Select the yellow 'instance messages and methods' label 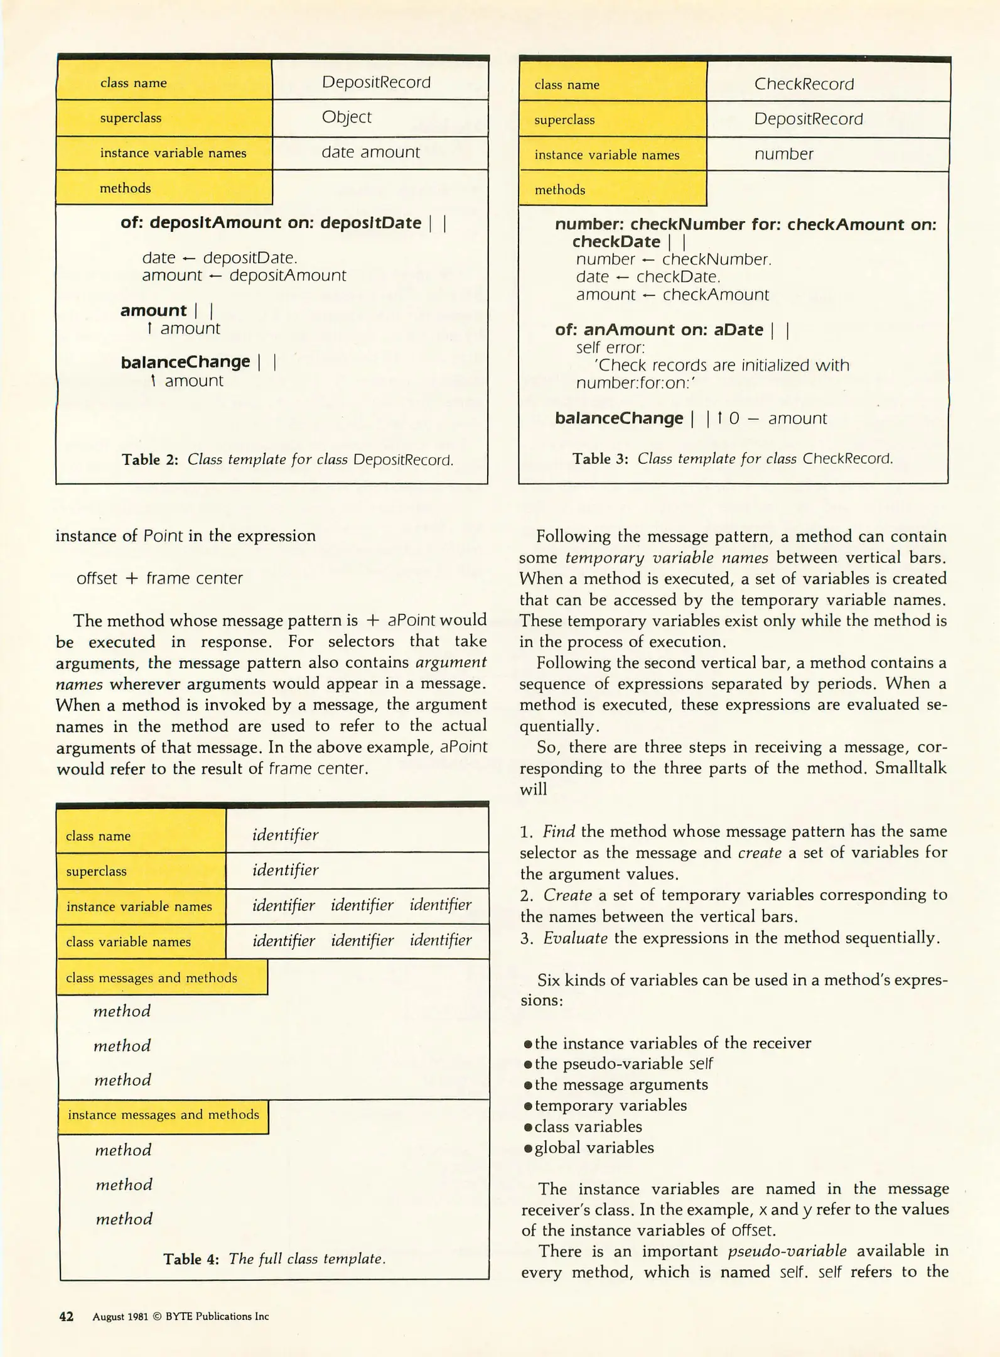(163, 1114)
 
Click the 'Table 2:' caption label (150, 460)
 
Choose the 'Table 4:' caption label (191, 1259)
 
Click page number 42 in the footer (66, 1317)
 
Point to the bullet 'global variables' (593, 1148)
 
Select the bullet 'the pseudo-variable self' (623, 1064)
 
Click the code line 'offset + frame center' (159, 578)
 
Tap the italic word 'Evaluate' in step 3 (575, 938)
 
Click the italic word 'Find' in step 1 (559, 832)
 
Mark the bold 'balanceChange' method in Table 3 (618, 418)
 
